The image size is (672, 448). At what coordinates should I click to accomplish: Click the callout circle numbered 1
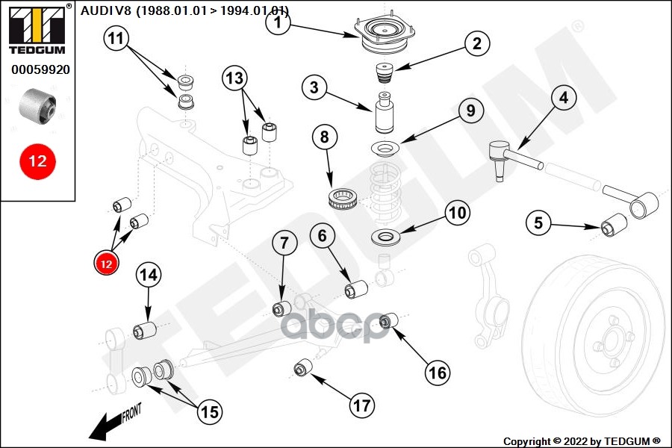[x=278, y=22]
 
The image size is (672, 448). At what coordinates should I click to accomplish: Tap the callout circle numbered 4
[x=564, y=97]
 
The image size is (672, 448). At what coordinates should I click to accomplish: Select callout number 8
[x=324, y=137]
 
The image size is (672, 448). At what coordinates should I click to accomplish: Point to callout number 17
[x=361, y=405]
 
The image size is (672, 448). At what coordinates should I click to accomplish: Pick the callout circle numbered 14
[x=149, y=275]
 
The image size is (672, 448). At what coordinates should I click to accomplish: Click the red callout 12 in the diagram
[x=105, y=263]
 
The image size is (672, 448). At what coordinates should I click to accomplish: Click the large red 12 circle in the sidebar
[x=37, y=161]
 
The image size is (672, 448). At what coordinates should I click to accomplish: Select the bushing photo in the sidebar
[x=38, y=105]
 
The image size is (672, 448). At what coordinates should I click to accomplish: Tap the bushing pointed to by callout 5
[x=613, y=224]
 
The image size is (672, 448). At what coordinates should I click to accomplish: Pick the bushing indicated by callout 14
[x=145, y=329]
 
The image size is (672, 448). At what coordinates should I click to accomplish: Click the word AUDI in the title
[x=93, y=10]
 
